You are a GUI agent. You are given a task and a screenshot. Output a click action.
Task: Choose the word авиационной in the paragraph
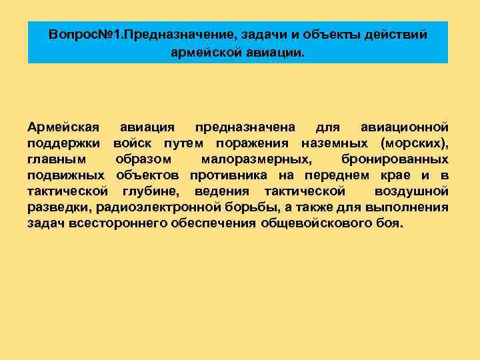[x=404, y=127]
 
